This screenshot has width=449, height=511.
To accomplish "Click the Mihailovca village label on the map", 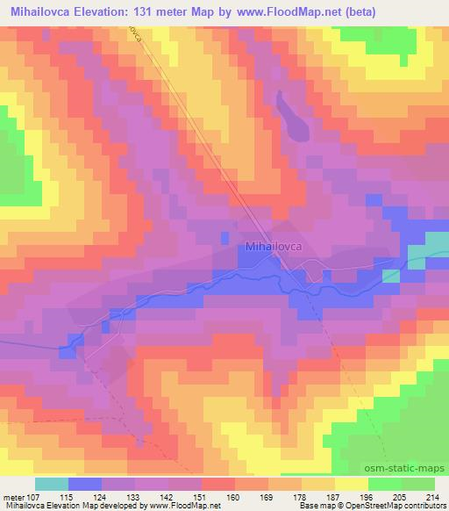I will [x=274, y=248].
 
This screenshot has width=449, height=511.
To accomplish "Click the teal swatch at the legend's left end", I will [x=51, y=483].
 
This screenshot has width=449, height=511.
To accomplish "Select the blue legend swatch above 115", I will [x=84, y=483].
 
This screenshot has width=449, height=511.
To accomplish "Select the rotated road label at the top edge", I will [x=135, y=32].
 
